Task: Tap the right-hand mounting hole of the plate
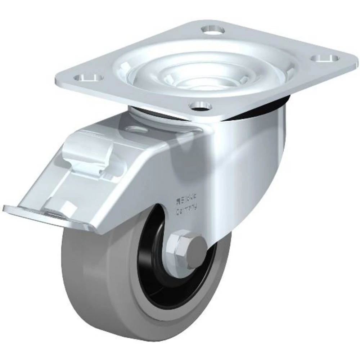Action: point(325,58)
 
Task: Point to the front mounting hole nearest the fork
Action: point(201,105)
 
